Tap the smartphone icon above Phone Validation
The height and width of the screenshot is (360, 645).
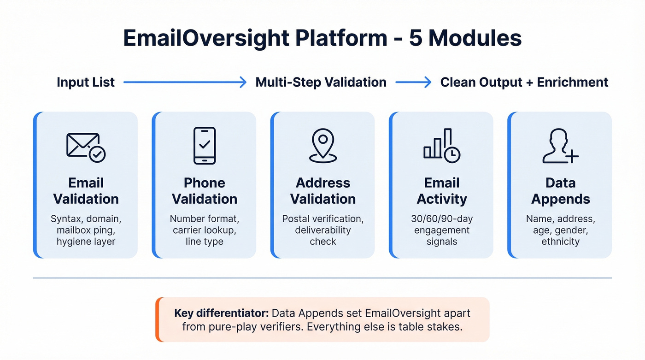(205, 146)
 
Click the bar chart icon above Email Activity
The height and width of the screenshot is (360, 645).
(441, 146)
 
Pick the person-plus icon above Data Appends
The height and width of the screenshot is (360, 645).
(560, 146)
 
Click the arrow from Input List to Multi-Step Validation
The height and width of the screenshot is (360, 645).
(185, 83)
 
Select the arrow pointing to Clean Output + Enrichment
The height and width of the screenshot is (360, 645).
(413, 83)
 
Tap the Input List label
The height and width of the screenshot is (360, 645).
(86, 83)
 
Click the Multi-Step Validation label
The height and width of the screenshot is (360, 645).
(321, 83)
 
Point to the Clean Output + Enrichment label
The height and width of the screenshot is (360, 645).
(524, 83)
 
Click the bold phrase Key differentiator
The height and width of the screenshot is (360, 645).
(221, 313)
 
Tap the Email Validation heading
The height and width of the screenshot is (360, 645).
(86, 191)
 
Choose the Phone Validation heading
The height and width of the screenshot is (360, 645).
(205, 191)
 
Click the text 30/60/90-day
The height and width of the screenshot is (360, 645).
(441, 218)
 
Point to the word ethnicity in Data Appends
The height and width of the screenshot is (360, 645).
(560, 241)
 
